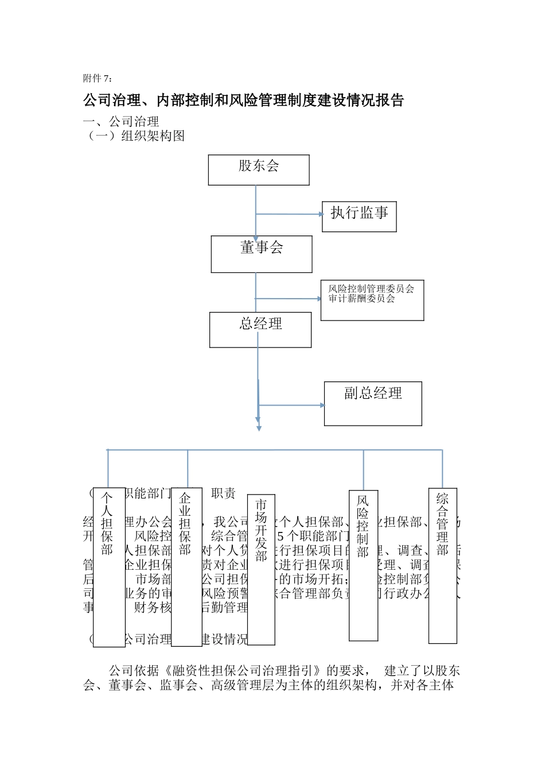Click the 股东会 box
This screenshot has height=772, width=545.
click(x=259, y=170)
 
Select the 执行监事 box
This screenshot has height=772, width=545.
click(x=359, y=217)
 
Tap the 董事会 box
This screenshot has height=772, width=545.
click(x=262, y=254)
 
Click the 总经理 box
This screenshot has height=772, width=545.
click(x=260, y=330)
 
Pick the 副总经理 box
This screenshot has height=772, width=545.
click(x=373, y=403)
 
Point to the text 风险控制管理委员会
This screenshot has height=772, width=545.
click(x=371, y=289)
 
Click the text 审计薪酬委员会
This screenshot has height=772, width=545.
click(x=361, y=299)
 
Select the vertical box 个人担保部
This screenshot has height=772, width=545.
click(x=109, y=567)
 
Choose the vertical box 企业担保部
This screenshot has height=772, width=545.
click(x=186, y=566)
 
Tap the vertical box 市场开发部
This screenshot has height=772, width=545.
click(x=261, y=569)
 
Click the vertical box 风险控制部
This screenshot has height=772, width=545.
click(x=363, y=565)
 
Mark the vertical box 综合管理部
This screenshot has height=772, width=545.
click(x=442, y=565)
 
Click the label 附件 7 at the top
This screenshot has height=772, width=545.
click(x=98, y=78)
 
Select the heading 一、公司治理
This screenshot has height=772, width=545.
click(x=121, y=122)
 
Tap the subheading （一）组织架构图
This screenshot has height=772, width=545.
click(x=134, y=136)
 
